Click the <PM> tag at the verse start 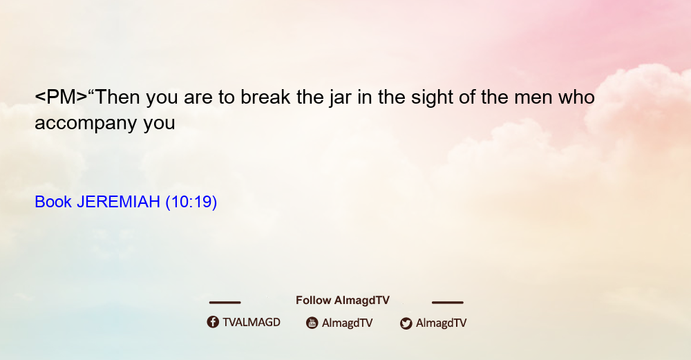tap(61, 97)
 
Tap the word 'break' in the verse tap(265, 97)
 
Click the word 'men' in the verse tap(533, 99)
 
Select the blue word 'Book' tap(53, 202)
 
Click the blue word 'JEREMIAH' tap(118, 202)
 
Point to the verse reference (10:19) tap(191, 202)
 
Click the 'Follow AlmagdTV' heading tap(343, 301)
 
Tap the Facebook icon tap(213, 322)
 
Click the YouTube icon tap(312, 323)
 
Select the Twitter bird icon tap(406, 323)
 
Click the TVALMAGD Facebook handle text tap(252, 323)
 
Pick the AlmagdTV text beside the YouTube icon tap(348, 323)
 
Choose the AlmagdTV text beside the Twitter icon tap(441, 323)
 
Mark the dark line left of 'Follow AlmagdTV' tap(225, 302)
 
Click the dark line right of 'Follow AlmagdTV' tap(448, 302)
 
